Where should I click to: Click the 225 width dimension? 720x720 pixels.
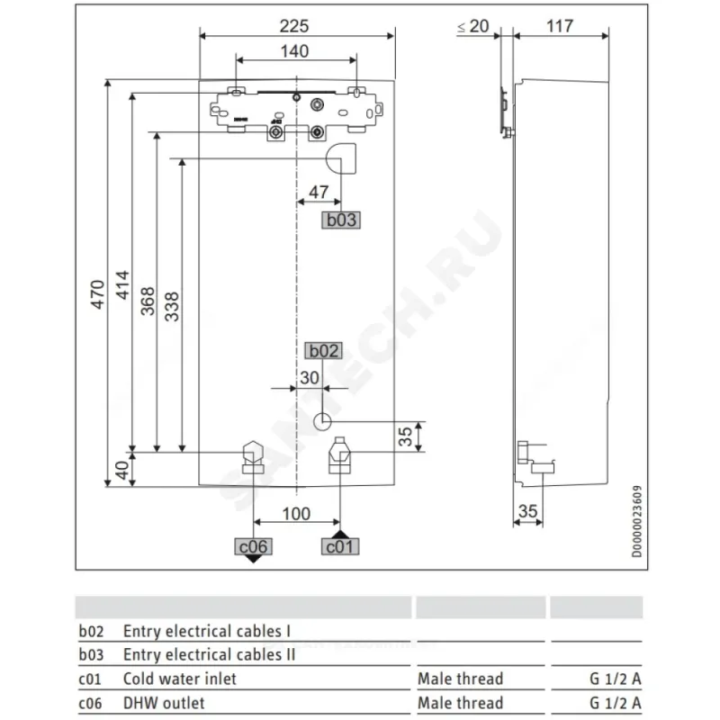click(x=294, y=26)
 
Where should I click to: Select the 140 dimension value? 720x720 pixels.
click(x=295, y=51)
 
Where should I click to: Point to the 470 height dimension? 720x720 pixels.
click(x=97, y=294)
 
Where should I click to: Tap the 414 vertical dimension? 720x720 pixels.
click(x=122, y=285)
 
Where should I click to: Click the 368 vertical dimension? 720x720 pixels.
click(x=148, y=301)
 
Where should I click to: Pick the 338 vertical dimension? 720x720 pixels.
click(x=172, y=307)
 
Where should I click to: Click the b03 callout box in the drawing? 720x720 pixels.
click(x=341, y=220)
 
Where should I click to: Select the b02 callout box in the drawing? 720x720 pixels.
click(x=324, y=351)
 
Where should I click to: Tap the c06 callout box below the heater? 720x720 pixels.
click(x=254, y=546)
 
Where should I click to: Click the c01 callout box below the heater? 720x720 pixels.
click(x=340, y=546)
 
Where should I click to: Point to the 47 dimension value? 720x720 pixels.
click(x=319, y=192)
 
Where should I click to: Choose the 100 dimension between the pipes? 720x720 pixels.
click(x=296, y=513)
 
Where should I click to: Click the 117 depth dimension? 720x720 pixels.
click(x=560, y=26)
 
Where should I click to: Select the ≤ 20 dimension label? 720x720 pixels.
click(x=473, y=26)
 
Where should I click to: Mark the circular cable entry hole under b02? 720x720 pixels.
click(x=322, y=421)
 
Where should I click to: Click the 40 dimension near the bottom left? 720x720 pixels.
click(x=122, y=470)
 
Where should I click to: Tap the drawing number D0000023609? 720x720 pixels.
click(x=637, y=521)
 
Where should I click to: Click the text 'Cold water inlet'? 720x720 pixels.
click(x=179, y=679)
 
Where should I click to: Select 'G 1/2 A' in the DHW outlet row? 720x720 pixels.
click(x=616, y=703)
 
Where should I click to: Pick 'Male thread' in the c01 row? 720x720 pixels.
click(x=461, y=679)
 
